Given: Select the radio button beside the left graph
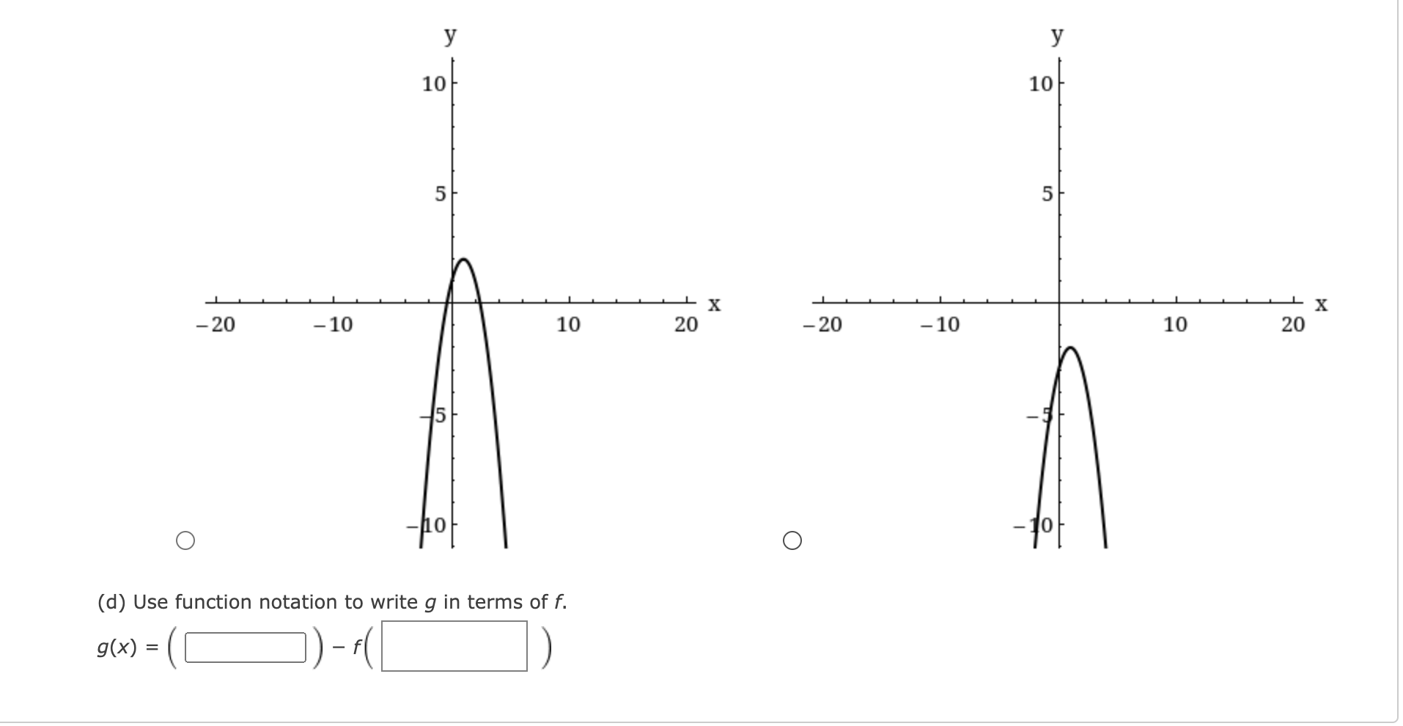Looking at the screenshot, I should point(185,541).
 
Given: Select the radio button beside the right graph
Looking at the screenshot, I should point(792,541).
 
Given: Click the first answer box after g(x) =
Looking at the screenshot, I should point(245,648).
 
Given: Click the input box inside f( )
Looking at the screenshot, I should point(454,646).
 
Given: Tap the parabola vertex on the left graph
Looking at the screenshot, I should point(463,260).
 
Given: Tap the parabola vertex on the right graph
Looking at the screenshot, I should point(1070,348).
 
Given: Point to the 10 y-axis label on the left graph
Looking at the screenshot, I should point(434,84).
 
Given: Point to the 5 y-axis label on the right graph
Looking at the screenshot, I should point(1047,194).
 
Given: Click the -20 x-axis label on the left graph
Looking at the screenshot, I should point(216,324).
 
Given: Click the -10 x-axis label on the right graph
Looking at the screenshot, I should point(940,324).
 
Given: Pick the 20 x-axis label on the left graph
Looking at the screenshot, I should point(686,324).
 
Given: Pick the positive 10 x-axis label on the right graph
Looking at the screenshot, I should point(1175,324).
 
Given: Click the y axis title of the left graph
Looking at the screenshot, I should point(450,35).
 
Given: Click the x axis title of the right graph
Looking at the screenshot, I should point(1321,304).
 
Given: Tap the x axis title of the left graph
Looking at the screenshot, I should point(715,304).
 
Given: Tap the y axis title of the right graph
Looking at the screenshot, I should point(1057,35).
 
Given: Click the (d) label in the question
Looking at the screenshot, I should point(112,602).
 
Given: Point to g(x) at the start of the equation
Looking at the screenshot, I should point(117,648).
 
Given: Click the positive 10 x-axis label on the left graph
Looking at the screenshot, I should point(568,324).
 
